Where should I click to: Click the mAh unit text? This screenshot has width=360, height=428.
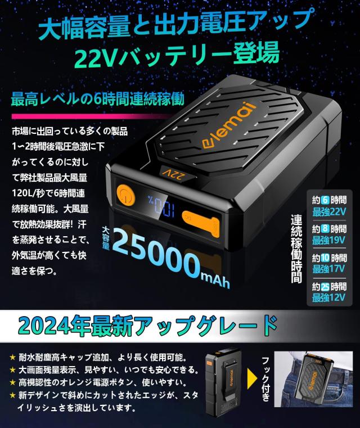coord(214,278)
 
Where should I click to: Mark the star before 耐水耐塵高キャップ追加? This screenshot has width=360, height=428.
coord(13,357)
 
